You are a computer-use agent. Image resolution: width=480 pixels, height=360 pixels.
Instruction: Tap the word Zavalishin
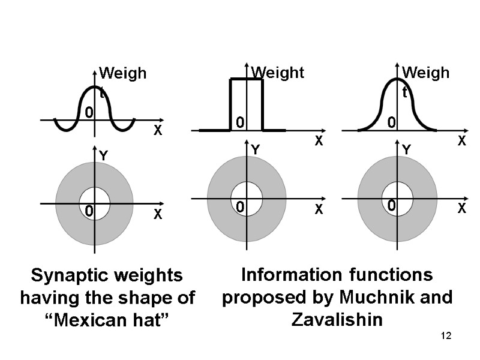[x=337, y=319]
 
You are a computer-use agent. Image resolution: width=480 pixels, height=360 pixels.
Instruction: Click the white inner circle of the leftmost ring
[x=95, y=203]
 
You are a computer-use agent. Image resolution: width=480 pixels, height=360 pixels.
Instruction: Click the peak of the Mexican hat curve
[x=95, y=87]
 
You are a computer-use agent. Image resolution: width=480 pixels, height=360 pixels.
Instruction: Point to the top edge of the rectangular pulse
[x=247, y=79]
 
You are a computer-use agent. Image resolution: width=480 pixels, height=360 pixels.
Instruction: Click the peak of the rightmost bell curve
[x=397, y=79]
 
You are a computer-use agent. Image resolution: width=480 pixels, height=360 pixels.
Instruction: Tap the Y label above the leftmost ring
[x=103, y=155]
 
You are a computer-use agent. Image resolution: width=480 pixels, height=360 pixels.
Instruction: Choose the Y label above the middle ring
[x=255, y=149]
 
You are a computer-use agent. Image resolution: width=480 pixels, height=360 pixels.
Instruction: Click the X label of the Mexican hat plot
[x=158, y=130]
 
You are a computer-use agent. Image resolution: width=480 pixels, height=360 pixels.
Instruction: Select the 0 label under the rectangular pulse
[x=239, y=123]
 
